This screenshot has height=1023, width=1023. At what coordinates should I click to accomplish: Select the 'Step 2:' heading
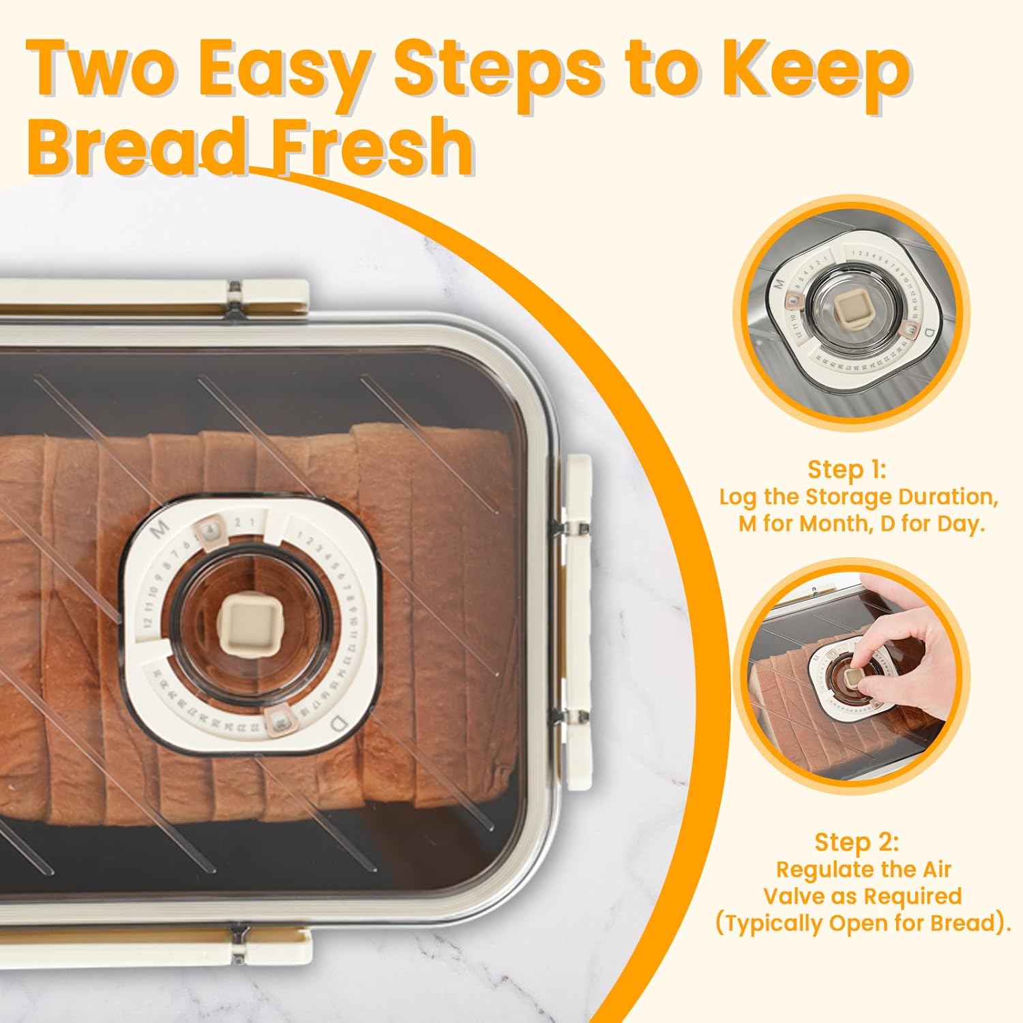[x=856, y=842]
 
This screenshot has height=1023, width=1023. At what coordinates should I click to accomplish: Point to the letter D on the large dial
[x=335, y=722]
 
